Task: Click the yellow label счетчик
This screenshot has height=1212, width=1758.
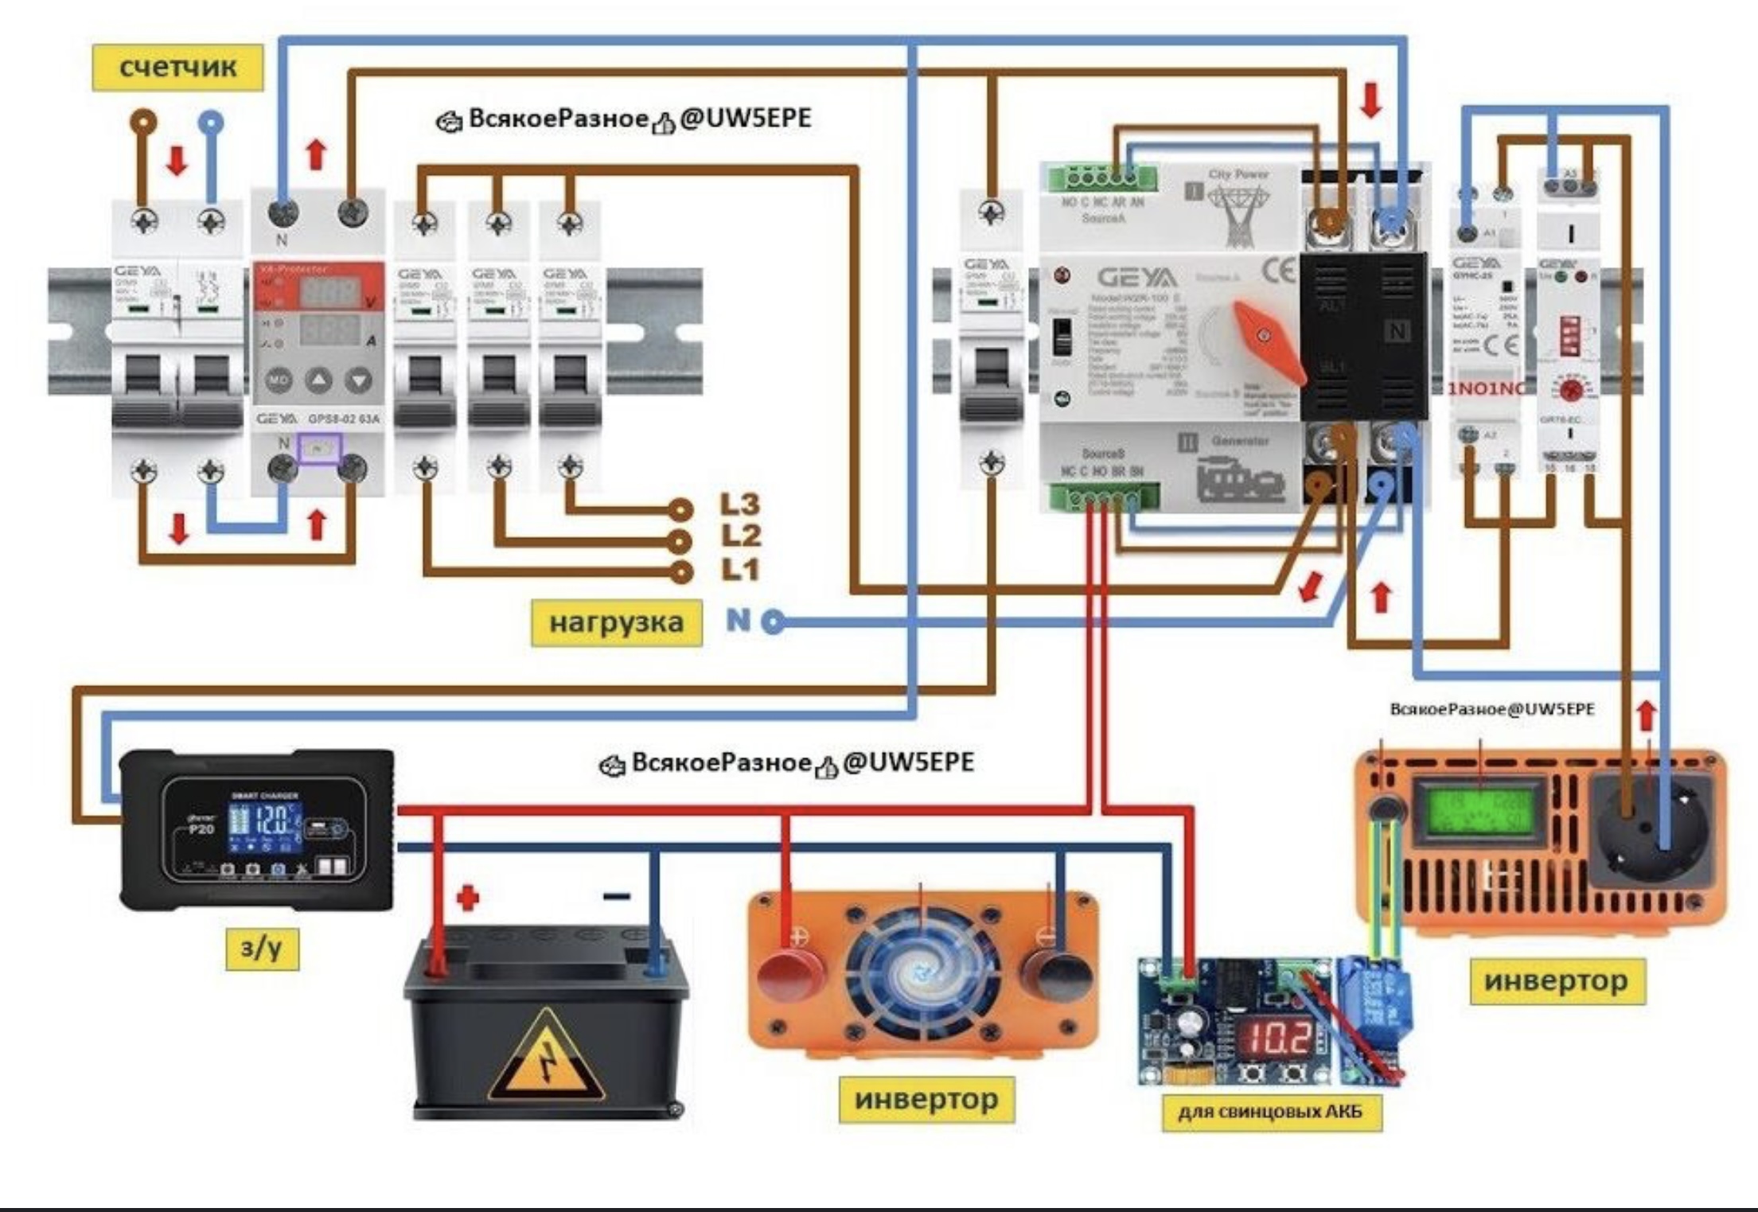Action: point(177,67)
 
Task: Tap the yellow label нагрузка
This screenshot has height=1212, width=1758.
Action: point(616,622)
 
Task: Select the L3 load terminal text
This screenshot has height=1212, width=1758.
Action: point(740,505)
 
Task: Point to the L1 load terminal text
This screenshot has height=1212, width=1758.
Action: point(740,570)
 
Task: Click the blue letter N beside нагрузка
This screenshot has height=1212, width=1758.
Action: point(738,620)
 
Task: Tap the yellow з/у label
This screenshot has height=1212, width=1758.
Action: point(262,949)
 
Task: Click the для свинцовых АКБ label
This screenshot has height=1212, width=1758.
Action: point(1270,1111)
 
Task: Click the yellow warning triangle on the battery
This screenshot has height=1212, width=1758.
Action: point(547,1056)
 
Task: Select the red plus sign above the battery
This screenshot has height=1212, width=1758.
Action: point(468,898)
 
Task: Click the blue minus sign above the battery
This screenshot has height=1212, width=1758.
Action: point(617,897)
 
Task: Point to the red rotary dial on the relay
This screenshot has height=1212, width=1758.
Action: point(1569,390)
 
